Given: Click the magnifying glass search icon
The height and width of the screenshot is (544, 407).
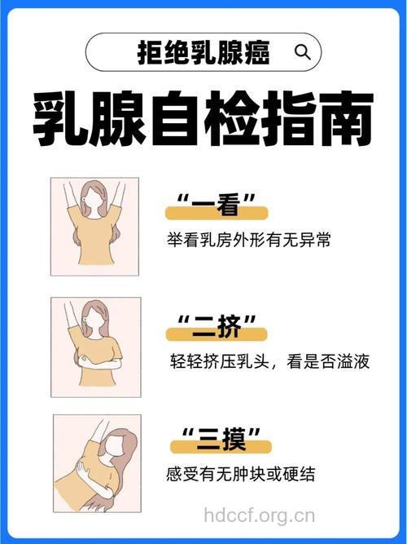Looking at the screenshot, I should click(302, 53).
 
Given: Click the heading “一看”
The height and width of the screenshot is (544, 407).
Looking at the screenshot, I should click(217, 206).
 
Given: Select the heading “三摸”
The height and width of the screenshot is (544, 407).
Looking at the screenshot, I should click(217, 444).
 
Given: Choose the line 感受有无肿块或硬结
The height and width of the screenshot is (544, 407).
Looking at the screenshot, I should click(240, 475).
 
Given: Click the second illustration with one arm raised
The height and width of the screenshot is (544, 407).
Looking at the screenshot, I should click(96, 347).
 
